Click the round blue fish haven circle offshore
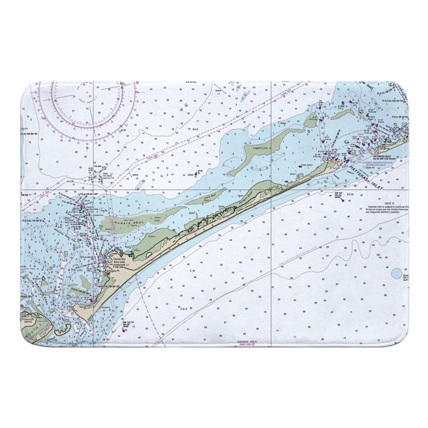click(396, 273)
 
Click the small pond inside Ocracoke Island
click(149, 254)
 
